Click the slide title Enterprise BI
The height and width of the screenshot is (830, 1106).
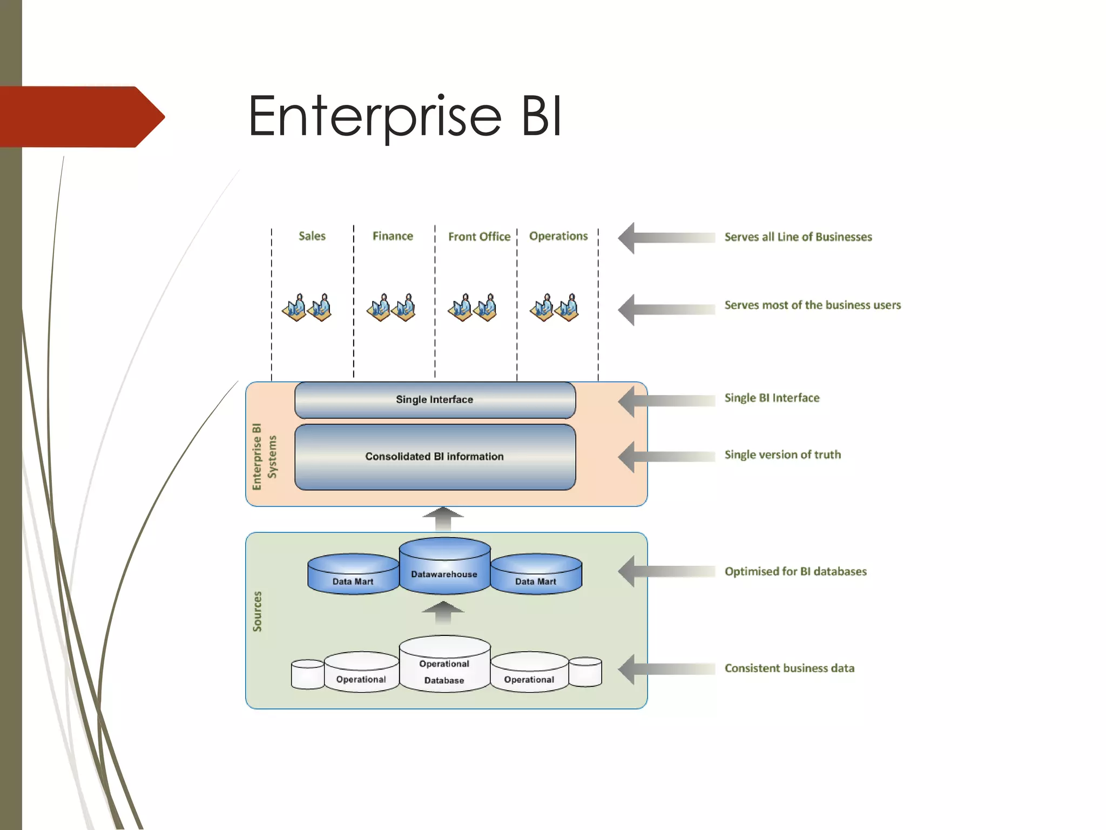405,116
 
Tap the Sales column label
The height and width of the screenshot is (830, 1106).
312,236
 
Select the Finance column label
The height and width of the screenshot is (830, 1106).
393,236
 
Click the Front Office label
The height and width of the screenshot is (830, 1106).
479,237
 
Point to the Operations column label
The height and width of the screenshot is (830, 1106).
558,236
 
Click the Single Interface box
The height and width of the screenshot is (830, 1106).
435,400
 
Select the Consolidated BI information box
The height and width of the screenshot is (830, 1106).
435,457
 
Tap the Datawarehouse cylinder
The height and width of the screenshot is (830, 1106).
444,567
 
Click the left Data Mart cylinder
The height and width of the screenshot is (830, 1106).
353,575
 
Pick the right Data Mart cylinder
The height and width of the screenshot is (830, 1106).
536,575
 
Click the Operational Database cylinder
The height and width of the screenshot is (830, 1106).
444,667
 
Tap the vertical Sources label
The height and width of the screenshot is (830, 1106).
258,611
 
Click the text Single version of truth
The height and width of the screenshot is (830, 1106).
783,454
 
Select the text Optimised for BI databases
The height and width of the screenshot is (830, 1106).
795,572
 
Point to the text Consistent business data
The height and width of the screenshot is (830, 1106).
789,668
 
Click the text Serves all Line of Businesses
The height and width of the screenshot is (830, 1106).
798,237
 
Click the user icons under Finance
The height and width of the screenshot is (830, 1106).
392,308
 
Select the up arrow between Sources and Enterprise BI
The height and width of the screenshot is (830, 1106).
443,519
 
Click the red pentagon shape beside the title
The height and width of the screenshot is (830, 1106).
81,117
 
